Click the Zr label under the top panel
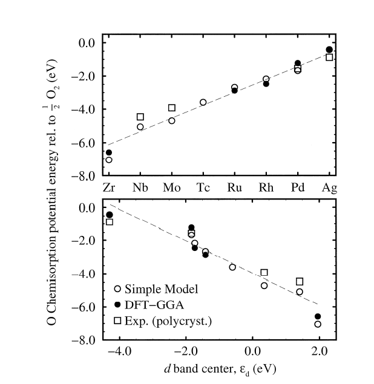109,187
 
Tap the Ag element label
329,188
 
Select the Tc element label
203,187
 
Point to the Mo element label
172,187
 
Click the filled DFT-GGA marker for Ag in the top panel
329,50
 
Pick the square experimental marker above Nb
140,117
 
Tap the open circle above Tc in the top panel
203,102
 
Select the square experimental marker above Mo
172,108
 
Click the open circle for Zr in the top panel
109,160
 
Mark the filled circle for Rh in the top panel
266,84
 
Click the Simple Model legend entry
156,289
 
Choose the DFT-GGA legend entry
149,305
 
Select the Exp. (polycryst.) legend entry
163,321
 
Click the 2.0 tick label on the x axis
320,351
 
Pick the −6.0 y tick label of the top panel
83,143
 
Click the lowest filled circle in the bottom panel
318,317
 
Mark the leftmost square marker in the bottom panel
110,222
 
